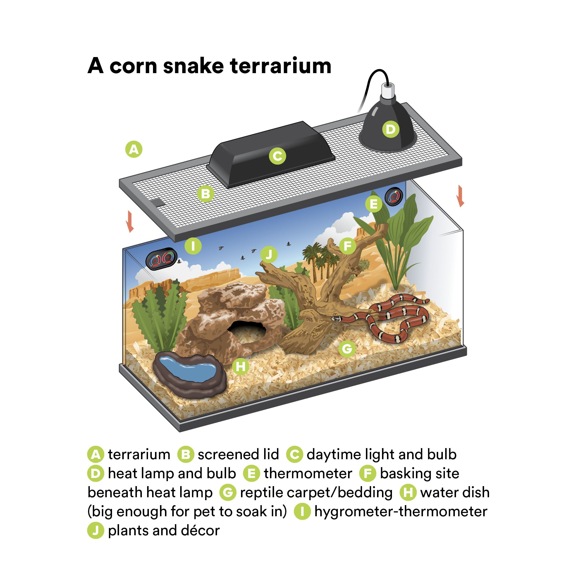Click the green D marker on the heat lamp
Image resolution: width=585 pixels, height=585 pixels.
(390, 129)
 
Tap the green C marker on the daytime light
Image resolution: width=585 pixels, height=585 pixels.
(277, 156)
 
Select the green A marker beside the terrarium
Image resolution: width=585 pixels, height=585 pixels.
(134, 149)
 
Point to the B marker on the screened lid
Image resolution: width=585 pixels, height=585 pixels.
(206, 193)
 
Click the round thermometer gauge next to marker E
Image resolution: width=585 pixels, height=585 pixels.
(394, 197)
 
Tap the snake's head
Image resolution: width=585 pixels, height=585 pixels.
(336, 319)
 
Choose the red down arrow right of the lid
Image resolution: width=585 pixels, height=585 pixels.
(461, 196)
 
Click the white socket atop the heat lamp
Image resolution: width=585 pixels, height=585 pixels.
(388, 90)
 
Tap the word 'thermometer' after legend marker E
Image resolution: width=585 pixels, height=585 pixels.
(308, 474)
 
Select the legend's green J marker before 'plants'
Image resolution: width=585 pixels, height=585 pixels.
(96, 531)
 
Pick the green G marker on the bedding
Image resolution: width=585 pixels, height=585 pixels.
(347, 349)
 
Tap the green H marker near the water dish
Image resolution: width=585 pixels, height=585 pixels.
(240, 367)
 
